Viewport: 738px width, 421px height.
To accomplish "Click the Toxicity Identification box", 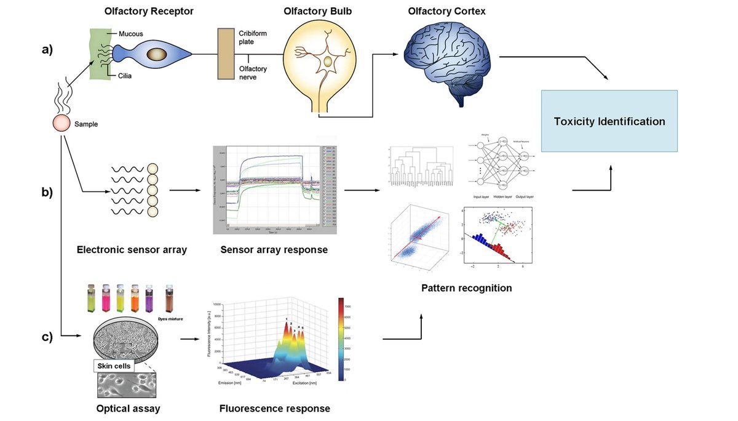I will coord(609,121).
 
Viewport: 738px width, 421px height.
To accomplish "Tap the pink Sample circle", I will coord(61,123).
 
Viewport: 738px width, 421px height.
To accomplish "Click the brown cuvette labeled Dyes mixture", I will coord(170,298).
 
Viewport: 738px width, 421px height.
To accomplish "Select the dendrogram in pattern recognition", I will coord(421,166).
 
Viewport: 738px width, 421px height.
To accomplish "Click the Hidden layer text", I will coord(503,197).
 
